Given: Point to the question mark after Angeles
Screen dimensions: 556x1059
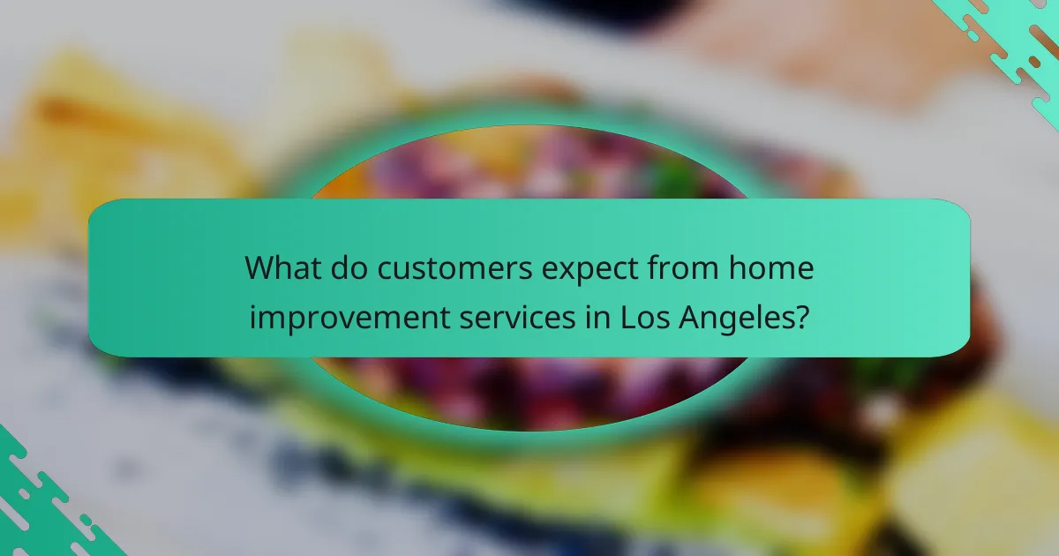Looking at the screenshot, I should point(800,315).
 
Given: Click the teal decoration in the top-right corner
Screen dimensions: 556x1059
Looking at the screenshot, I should point(1006,44).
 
